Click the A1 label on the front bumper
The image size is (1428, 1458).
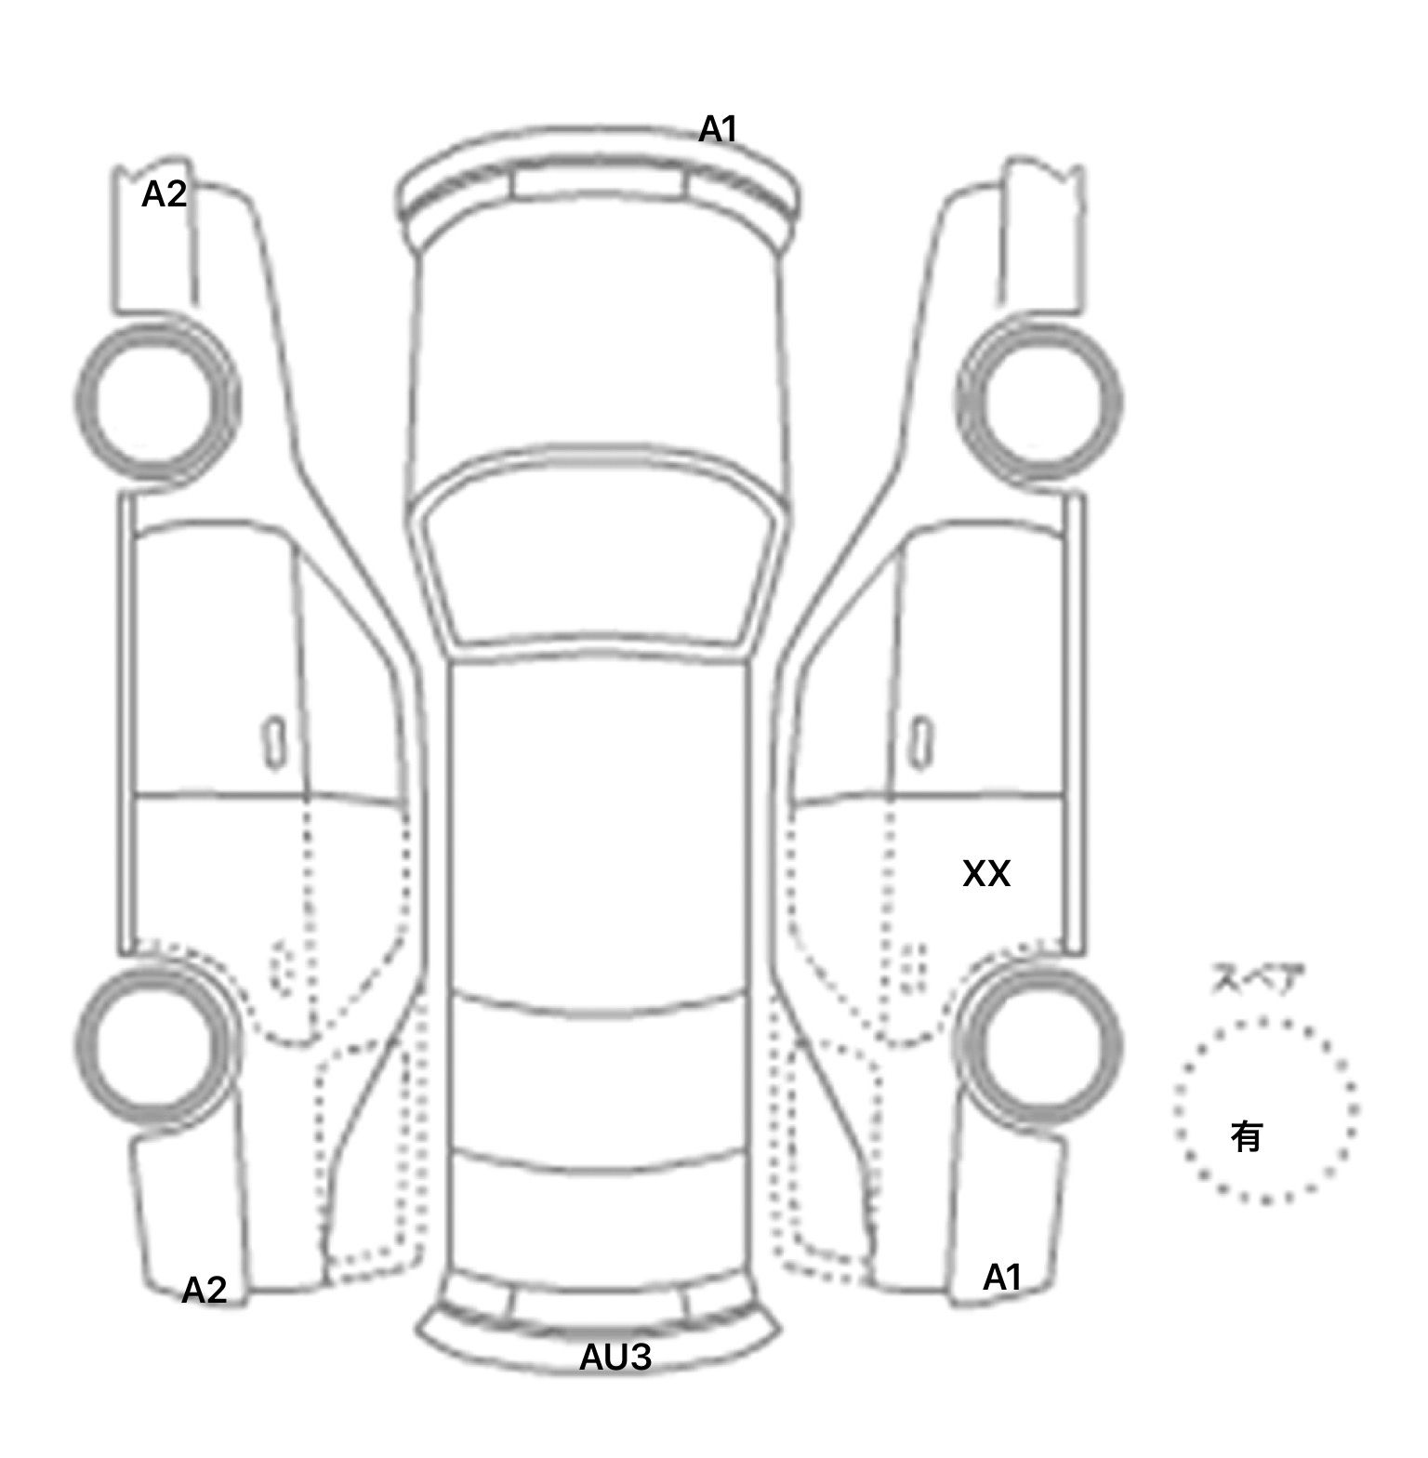point(718,129)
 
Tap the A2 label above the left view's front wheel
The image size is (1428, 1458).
point(164,194)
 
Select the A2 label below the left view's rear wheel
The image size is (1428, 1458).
point(204,1290)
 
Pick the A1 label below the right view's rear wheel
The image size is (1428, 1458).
point(1002,1278)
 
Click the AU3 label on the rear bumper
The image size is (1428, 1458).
point(615,1358)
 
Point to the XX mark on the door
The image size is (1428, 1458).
point(985,873)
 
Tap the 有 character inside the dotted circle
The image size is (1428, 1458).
point(1246,1135)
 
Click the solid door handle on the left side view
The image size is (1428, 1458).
point(274,742)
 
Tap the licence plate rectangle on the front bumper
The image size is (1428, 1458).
point(598,181)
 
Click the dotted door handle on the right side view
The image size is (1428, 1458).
point(914,969)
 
